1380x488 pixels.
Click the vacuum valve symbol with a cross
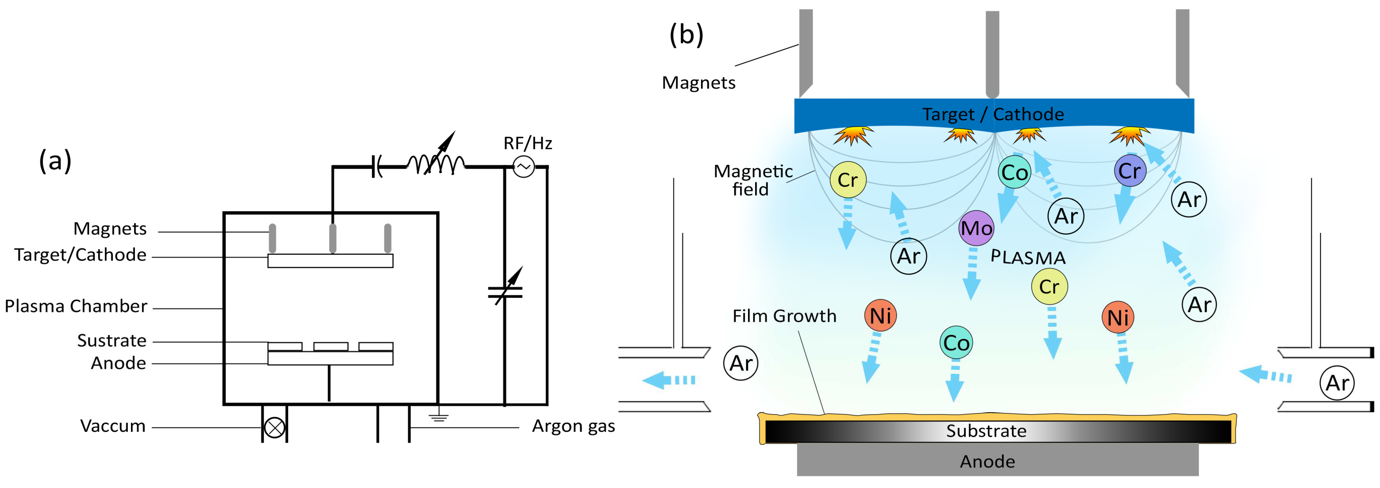point(275,428)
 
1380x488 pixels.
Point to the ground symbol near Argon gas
point(438,417)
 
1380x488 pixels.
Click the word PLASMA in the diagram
point(1027,258)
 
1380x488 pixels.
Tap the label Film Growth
point(784,316)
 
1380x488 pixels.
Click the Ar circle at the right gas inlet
point(1337,383)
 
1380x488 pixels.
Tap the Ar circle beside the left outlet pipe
point(741,363)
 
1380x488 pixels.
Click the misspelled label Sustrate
point(111,341)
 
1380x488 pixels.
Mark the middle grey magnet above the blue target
point(992,54)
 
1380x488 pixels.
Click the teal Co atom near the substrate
point(956,343)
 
